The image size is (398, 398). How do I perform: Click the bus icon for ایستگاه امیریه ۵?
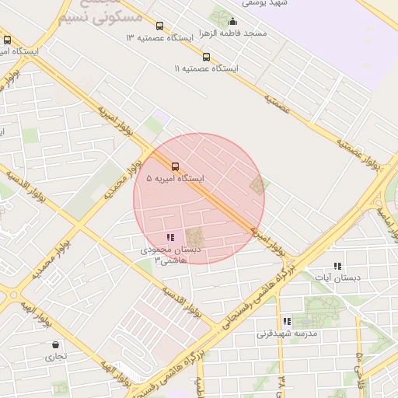[174, 166]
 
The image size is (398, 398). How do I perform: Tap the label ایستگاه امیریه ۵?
[175, 179]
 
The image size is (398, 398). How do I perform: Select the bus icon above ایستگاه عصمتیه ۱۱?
[206, 56]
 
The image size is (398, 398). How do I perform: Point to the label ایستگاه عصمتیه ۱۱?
[206, 68]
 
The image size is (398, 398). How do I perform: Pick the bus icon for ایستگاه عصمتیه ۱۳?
[160, 26]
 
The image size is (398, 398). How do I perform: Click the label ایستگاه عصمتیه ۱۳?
[160, 37]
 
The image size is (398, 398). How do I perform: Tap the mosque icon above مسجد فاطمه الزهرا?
[232, 22]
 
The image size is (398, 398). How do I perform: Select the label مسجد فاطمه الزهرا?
[232, 33]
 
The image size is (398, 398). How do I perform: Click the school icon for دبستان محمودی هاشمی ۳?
[170, 237]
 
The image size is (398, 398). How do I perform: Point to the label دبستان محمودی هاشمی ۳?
[170, 255]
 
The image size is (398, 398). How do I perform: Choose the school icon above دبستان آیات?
[337, 266]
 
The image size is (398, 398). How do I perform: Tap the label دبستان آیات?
[337, 278]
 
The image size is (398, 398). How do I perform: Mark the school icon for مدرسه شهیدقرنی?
[287, 321]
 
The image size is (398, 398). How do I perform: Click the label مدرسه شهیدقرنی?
[288, 333]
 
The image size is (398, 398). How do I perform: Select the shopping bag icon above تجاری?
[55, 344]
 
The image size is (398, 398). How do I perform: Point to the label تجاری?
[55, 357]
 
